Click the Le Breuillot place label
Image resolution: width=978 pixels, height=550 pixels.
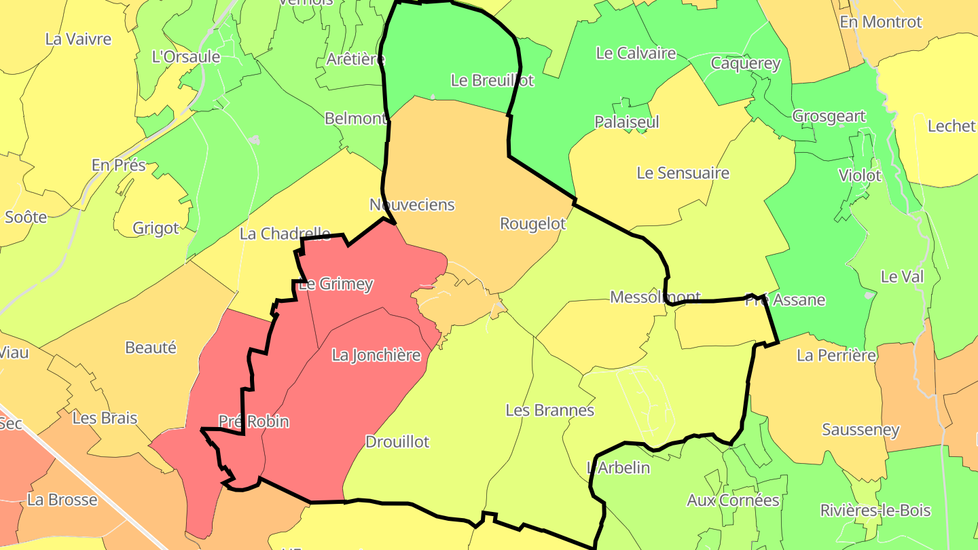click(492, 80)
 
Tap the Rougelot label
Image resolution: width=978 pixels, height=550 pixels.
click(532, 223)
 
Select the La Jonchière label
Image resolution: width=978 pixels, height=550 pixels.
click(376, 355)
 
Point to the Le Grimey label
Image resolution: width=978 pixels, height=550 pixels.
click(336, 284)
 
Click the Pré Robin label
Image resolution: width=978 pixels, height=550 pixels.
click(254, 422)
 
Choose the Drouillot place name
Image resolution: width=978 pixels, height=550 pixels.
click(397, 442)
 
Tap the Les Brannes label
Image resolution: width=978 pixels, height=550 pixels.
click(550, 410)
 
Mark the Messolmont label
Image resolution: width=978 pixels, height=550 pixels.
click(655, 297)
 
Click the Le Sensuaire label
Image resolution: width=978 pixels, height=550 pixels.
click(683, 173)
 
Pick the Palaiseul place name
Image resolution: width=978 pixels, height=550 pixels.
click(627, 122)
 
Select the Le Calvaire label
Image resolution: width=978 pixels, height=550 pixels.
click(636, 53)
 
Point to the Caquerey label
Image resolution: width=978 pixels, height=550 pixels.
click(746, 64)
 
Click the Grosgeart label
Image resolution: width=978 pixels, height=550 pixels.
click(829, 116)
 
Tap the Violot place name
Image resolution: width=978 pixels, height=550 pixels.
click(860, 176)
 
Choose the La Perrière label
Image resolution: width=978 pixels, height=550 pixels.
click(837, 355)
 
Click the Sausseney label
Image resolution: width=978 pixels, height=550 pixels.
click(861, 430)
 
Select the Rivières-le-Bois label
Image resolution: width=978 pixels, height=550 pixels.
click(875, 511)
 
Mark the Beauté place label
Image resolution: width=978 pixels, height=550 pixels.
click(151, 348)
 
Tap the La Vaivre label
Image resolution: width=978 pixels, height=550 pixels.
click(78, 39)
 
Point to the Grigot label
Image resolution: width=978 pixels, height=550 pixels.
click(156, 228)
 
